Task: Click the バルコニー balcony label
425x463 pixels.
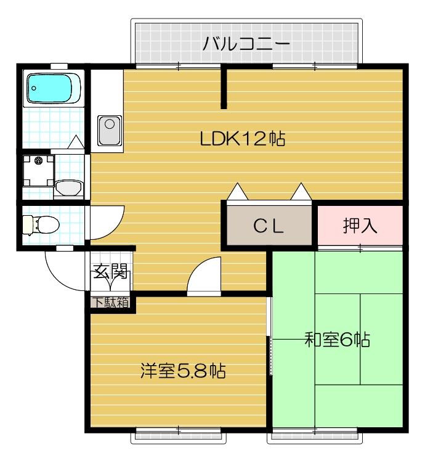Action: pos(246,44)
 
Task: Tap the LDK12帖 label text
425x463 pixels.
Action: pos(242,139)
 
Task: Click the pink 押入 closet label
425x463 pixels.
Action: pos(360,226)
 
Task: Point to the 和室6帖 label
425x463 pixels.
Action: pos(337,339)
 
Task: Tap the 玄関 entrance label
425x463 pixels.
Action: pos(110,272)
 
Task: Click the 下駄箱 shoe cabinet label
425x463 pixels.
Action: pos(111,303)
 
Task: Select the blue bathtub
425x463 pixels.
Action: pos(54,88)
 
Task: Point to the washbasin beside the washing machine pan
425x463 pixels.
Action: pos(68,186)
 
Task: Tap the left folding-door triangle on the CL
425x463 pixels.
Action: pos(238,192)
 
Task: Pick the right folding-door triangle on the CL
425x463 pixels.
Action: pos(301,192)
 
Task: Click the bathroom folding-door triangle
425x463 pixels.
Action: pos(76,142)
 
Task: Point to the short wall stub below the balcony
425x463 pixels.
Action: pos(224,86)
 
